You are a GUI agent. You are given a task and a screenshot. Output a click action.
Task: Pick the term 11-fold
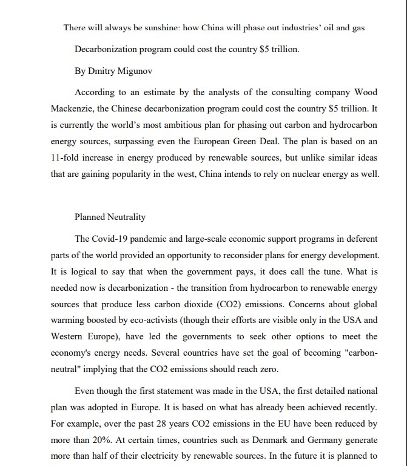[x=64, y=158]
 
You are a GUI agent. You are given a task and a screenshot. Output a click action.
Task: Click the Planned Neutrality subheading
[x=110, y=216]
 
